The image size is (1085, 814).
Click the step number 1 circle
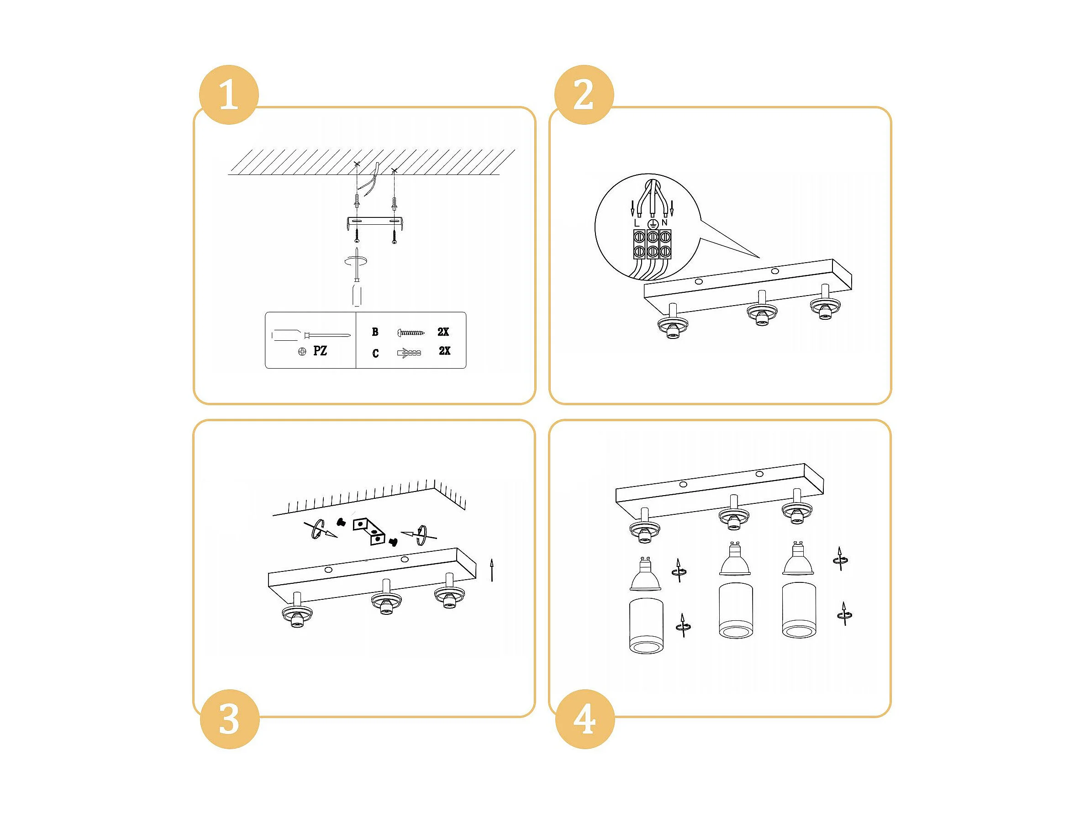coord(229,95)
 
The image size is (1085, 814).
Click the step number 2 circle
coord(584,95)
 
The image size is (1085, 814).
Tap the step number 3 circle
coord(230,719)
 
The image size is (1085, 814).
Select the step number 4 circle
coord(585,719)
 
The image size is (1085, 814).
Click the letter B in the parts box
coord(375,332)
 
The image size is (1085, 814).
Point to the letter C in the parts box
coord(376,353)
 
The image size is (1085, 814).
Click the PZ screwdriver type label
coord(320,351)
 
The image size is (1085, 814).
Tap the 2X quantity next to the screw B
coord(443,332)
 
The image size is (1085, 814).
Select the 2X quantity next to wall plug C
coord(444,351)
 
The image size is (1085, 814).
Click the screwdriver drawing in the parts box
coord(311,335)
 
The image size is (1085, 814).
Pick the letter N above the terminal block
coord(664,223)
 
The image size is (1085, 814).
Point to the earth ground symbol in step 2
coord(652,224)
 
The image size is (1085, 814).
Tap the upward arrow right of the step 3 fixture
coord(492,570)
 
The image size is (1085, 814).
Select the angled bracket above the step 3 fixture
coord(369,531)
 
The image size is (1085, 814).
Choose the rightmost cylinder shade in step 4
coord(799,610)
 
